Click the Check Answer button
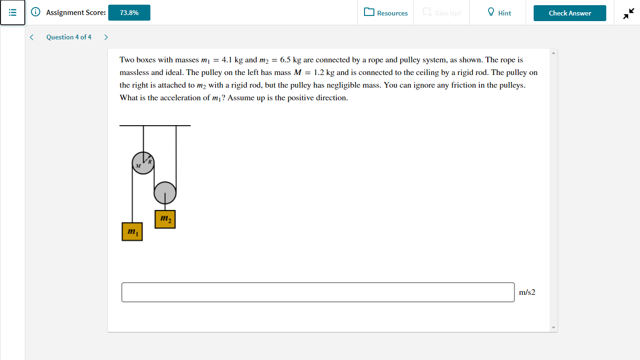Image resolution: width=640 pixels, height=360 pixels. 570,13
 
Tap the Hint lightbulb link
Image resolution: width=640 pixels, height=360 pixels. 499,13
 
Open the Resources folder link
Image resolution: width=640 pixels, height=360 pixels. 386,13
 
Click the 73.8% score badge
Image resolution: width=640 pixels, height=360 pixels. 129,13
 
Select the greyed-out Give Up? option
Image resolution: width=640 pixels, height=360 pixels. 442,13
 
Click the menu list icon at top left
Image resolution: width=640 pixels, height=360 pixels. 13,13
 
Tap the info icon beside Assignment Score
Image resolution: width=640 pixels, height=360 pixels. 35,13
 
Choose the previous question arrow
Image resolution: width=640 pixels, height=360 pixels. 31,37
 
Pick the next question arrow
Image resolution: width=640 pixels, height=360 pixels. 106,37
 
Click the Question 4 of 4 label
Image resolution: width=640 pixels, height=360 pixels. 69,37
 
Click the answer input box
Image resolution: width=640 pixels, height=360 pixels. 318,292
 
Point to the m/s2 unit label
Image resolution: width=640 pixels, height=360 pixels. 527,292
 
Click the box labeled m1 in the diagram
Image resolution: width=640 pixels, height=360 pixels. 132,232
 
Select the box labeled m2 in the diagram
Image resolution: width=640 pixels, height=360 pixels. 165,219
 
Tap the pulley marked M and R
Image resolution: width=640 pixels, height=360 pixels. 143,163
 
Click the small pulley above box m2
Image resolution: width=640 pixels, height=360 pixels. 165,192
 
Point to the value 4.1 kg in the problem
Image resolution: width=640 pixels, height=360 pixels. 232,60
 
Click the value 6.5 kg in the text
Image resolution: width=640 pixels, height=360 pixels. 290,60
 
